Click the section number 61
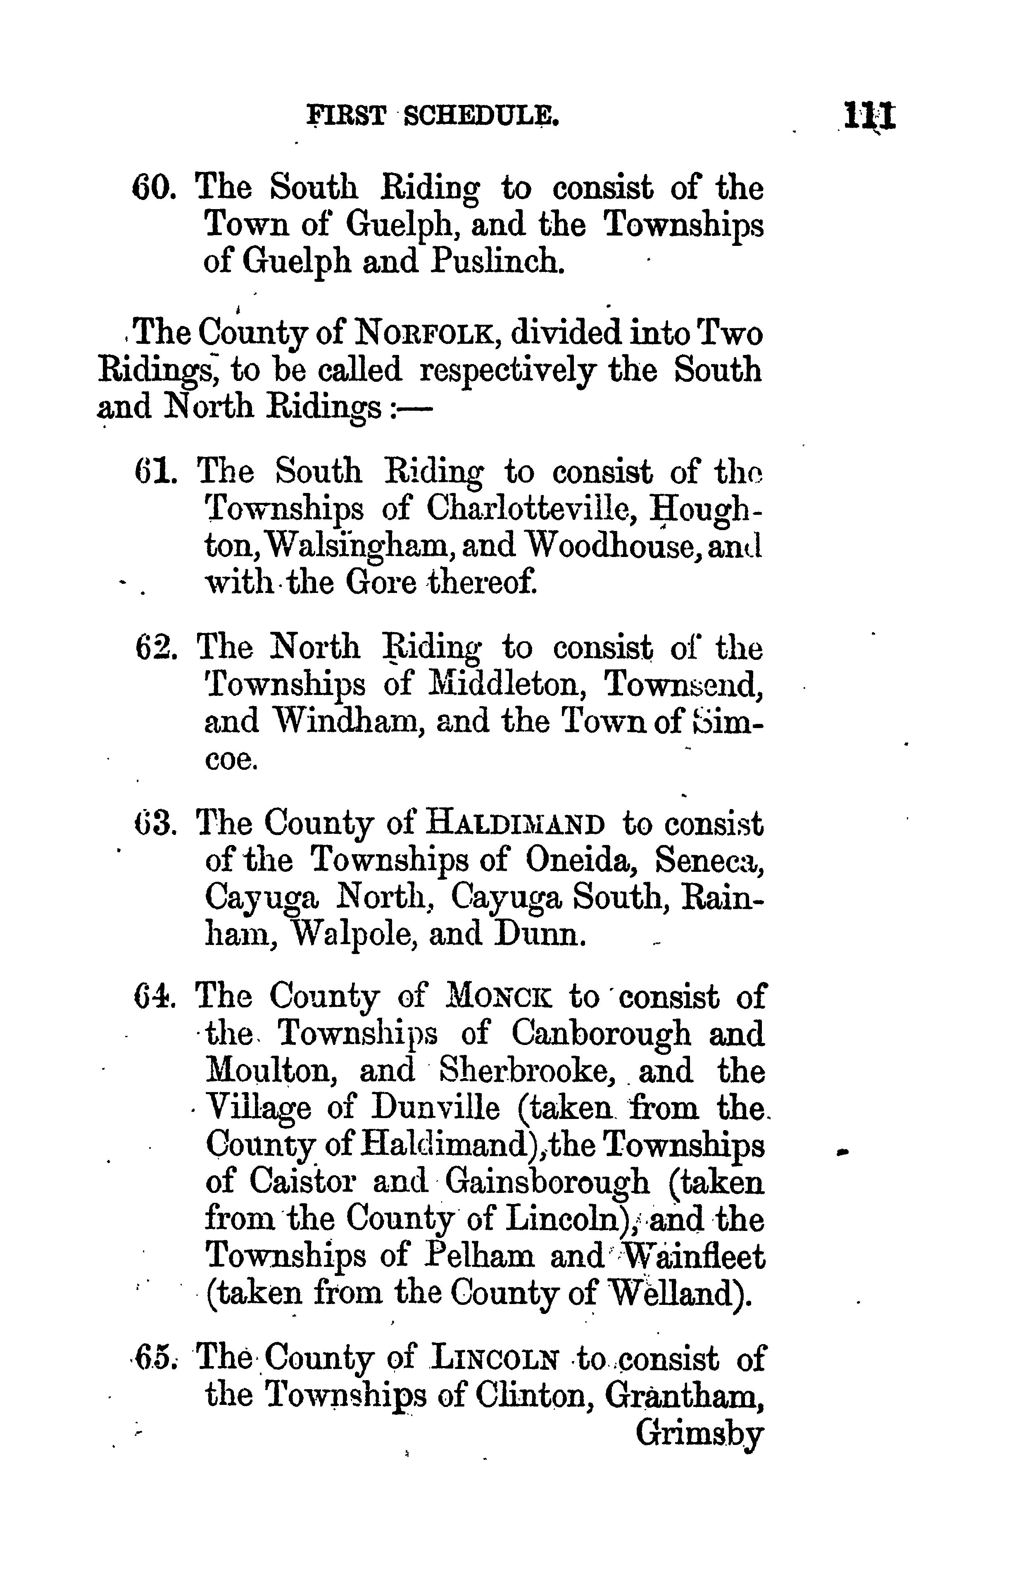pos(155,472)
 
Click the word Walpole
pos(355,935)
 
